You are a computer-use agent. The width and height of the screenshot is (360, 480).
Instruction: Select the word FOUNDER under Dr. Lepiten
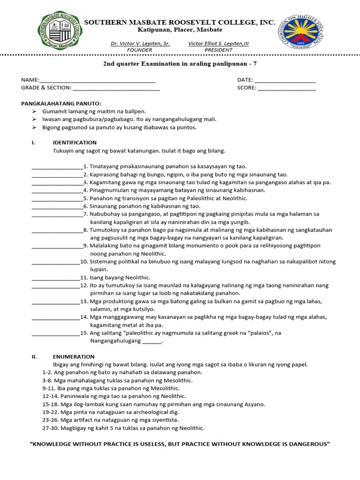point(140,50)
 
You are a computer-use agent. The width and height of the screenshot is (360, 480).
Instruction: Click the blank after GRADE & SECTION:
point(116,88)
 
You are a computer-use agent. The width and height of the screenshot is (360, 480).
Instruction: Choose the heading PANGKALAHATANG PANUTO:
point(61,104)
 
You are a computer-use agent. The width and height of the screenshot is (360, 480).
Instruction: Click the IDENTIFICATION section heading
point(75,142)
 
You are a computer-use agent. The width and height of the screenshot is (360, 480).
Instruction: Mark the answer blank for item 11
point(55,278)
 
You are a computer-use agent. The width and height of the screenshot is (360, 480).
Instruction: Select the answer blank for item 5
point(57,199)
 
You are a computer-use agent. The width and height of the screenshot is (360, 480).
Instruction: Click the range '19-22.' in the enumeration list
point(50,412)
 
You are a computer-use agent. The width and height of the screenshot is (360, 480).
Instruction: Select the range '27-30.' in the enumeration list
point(50,428)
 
